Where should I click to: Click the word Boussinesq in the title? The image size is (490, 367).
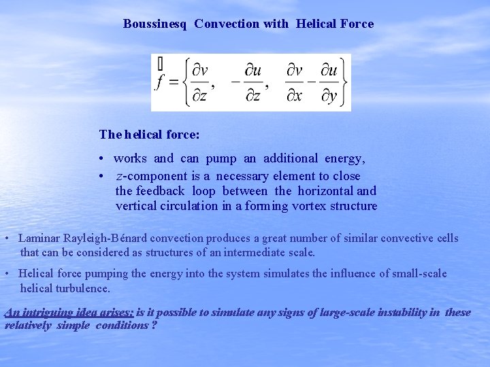[x=154, y=24]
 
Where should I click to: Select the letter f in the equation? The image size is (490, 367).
[x=160, y=83]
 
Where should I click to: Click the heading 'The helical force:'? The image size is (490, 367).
[x=149, y=135]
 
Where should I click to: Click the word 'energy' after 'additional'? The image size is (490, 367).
[x=345, y=158]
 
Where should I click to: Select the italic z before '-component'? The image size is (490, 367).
[x=120, y=176]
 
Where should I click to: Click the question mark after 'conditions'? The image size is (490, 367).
[x=154, y=325]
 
